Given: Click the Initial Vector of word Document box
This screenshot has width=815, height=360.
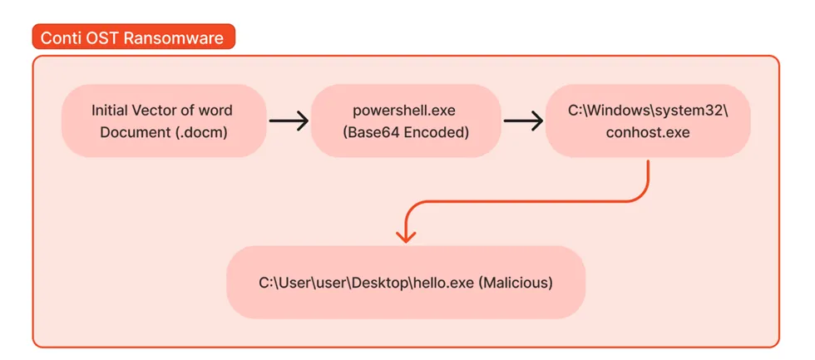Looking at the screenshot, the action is tap(164, 121).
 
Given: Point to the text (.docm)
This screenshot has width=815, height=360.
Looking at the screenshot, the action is tap(200, 132).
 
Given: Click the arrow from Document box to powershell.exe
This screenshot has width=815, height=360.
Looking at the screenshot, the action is tap(289, 121).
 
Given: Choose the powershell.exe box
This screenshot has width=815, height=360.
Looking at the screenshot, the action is tap(406, 121).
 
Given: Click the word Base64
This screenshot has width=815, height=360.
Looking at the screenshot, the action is tap(376, 132).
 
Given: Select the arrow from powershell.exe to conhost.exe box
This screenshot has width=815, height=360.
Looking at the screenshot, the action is tap(523, 121).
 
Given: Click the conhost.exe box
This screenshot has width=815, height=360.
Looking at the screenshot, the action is tap(648, 121).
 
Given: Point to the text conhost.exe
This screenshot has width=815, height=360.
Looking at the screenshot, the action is tap(648, 133).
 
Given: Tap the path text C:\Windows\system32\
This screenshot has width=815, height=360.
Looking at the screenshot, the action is tap(648, 111).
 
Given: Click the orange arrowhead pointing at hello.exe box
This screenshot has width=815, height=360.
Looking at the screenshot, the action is tap(406, 236).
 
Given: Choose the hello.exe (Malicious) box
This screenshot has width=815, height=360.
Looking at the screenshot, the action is tap(406, 282).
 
